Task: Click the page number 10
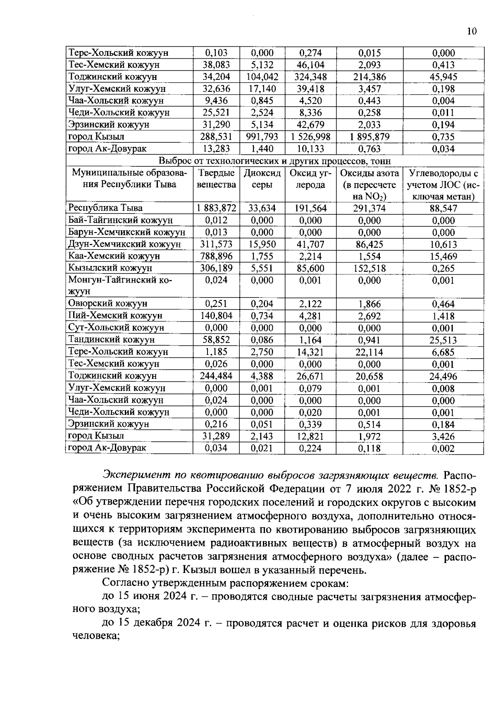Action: [472, 31]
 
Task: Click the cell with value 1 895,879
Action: [370, 137]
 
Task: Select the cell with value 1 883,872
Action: [216, 208]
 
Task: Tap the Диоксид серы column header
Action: [262, 179]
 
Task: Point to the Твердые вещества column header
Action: [216, 179]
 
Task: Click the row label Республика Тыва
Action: [105, 208]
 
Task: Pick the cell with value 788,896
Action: [216, 256]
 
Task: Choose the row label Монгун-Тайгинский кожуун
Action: [120, 285]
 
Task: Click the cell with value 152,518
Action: [370, 268]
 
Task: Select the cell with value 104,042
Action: [262, 77]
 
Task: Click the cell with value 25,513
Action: [443, 340]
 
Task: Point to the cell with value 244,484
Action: [216, 376]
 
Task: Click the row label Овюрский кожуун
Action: [108, 304]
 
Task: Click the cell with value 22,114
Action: [370, 352]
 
